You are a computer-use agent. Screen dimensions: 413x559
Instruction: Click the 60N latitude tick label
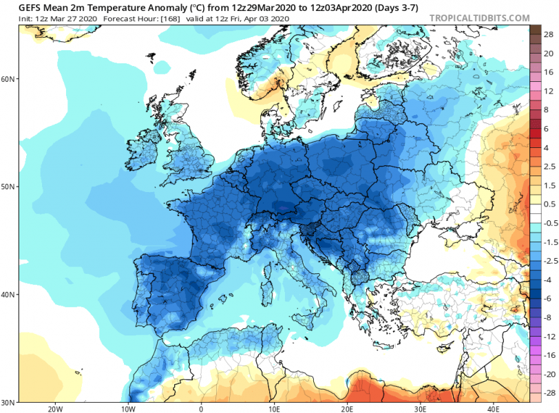[8, 79]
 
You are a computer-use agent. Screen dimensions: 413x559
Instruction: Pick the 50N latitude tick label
[8, 187]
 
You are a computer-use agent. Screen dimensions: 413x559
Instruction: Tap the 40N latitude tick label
[8, 294]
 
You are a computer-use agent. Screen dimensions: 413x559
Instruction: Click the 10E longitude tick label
[274, 407]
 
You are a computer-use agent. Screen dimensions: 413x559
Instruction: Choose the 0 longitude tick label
[200, 407]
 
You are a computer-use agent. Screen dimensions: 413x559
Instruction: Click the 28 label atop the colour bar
[544, 34]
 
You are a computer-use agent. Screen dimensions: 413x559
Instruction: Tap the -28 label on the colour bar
[544, 392]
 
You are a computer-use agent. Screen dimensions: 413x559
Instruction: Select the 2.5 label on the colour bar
[544, 167]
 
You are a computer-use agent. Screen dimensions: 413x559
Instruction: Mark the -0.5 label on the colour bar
[544, 224]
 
